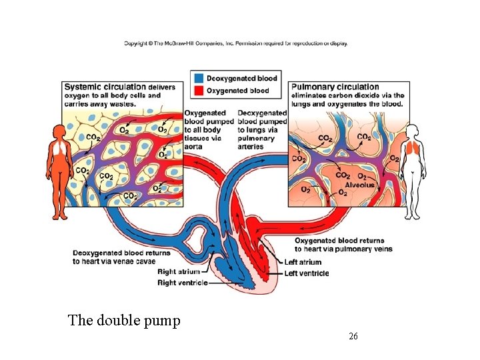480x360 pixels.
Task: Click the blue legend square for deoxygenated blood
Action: click(x=198, y=79)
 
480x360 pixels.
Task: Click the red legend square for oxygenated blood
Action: click(x=198, y=90)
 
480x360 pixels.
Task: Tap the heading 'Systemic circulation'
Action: click(x=105, y=87)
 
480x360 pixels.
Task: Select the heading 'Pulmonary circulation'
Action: click(x=335, y=87)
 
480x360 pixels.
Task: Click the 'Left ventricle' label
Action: click(x=306, y=273)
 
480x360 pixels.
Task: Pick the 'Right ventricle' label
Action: click(x=182, y=283)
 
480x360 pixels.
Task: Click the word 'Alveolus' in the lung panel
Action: click(x=360, y=185)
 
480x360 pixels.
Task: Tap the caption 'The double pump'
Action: click(x=124, y=321)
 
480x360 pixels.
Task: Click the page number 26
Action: click(x=353, y=336)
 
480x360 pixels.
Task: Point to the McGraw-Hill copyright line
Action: click(x=235, y=44)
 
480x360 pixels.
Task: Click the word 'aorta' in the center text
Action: click(x=195, y=147)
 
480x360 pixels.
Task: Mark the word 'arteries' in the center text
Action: click(x=251, y=147)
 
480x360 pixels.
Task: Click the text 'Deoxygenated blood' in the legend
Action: click(x=241, y=79)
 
